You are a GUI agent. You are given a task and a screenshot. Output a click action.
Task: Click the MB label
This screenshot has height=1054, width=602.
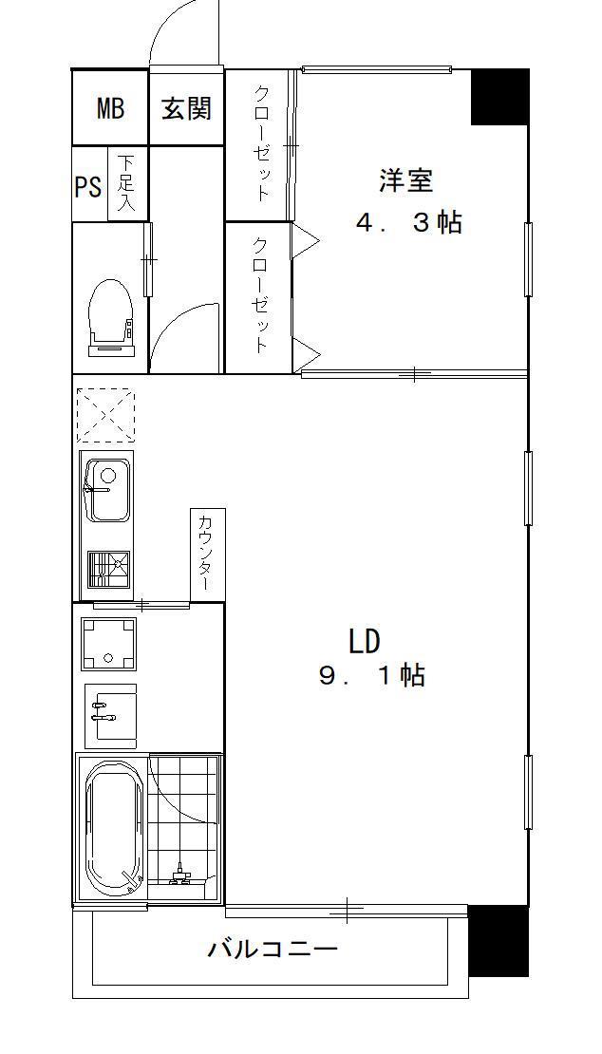point(110,107)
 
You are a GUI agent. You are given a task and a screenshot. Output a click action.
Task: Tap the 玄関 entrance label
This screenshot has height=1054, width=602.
point(186,107)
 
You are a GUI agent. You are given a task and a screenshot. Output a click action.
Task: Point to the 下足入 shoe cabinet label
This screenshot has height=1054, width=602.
point(125,183)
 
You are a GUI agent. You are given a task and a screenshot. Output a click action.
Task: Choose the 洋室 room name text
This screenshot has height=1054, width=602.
point(405,180)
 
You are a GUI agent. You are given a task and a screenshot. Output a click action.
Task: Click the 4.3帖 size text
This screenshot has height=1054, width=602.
point(408,222)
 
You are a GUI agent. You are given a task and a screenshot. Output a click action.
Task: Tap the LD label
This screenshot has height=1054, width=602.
point(365,641)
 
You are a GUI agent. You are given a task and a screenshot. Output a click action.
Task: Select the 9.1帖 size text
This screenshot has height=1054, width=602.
point(372,675)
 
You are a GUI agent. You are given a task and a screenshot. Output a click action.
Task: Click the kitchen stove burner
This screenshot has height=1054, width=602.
point(108,570)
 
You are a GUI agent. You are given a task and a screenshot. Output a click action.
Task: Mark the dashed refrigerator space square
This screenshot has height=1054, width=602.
point(105,415)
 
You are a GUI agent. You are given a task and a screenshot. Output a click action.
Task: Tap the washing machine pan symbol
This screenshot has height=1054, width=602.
point(109,644)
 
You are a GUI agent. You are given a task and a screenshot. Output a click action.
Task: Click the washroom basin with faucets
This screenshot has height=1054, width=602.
point(111,712)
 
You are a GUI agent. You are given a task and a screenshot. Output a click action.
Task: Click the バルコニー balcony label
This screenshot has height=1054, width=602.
point(273,950)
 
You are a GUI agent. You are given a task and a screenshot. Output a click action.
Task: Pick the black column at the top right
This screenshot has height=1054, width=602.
point(499,97)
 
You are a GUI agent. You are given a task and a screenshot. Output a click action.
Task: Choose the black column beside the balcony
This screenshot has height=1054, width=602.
point(498,940)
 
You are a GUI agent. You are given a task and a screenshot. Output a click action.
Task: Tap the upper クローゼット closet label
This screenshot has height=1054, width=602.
point(261,142)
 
